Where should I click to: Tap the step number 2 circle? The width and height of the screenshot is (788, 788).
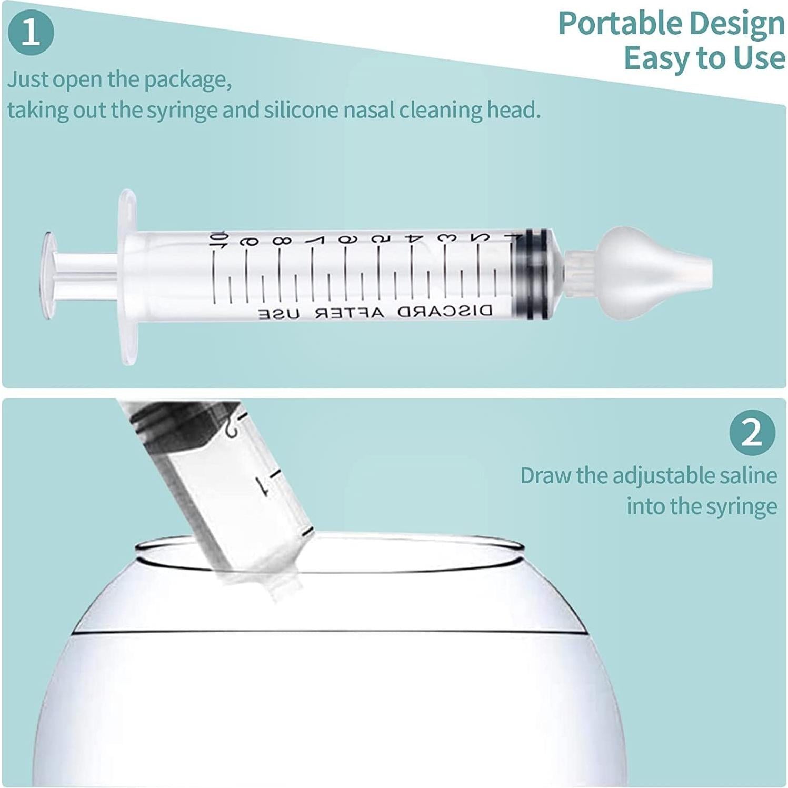[752, 433]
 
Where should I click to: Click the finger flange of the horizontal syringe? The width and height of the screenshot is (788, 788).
[127, 277]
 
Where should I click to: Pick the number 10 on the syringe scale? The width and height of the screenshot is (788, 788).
[216, 240]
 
